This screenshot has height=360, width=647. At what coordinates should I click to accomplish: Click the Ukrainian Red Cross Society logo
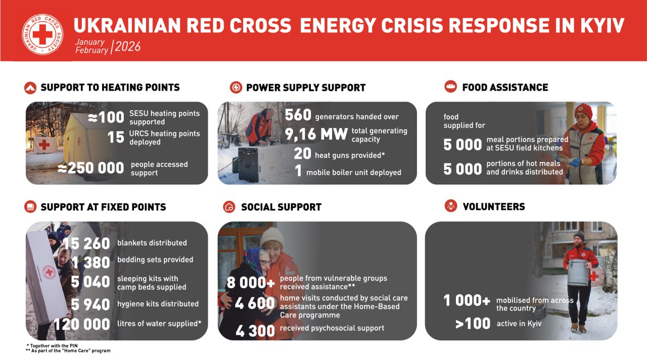tap(42, 34)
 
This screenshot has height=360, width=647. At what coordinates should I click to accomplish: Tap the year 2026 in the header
tap(128, 47)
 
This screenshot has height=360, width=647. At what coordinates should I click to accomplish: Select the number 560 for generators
tap(298, 115)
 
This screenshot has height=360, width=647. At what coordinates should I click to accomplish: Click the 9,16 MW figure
tap(316, 134)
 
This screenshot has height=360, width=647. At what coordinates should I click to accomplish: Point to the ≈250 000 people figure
tap(90, 168)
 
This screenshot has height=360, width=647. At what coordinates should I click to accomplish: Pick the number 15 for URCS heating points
tap(116, 137)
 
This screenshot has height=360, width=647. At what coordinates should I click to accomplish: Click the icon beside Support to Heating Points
tap(30, 87)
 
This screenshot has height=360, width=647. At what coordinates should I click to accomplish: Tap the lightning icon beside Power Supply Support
tap(236, 87)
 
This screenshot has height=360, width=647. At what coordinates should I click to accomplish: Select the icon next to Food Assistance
tap(450, 86)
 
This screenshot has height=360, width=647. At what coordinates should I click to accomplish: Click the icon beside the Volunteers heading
tap(451, 206)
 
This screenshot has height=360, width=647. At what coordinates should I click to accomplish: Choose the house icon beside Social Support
tap(229, 207)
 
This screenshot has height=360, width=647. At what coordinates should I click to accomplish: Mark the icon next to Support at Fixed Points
tap(30, 207)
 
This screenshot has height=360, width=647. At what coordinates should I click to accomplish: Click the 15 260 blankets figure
tap(86, 244)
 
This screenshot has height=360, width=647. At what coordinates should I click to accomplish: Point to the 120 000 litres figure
tap(82, 324)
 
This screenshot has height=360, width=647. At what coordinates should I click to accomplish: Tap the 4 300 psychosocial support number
tap(255, 331)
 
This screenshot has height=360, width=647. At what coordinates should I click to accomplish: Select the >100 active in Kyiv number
tap(473, 324)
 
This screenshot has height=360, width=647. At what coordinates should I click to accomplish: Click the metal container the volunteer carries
tap(578, 272)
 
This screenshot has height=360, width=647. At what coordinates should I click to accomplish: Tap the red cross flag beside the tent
tap(45, 145)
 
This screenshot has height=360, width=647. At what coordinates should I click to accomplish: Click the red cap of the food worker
tap(583, 111)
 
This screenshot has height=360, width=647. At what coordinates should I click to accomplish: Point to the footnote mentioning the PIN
tap(52, 345)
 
